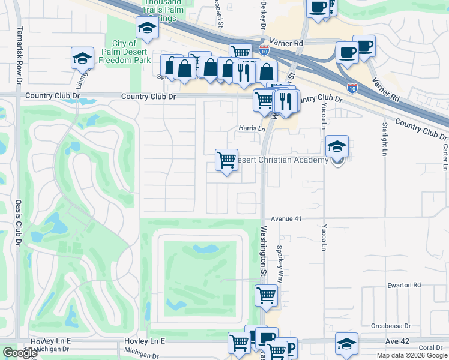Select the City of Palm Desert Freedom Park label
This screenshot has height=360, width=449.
(131, 52)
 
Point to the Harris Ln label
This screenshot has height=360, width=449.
(252, 128)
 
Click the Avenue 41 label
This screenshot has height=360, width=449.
(286, 219)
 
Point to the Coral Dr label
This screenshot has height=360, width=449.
(430, 348)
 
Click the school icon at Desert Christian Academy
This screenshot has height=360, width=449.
(337, 146)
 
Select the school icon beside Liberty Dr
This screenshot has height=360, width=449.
(82, 58)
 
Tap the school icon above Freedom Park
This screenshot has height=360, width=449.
(146, 28)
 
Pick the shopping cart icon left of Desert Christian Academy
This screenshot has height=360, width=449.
(226, 160)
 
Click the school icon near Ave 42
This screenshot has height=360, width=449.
(346, 344)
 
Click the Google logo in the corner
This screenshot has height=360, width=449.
(20, 353)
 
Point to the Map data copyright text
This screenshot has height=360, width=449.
(411, 356)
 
